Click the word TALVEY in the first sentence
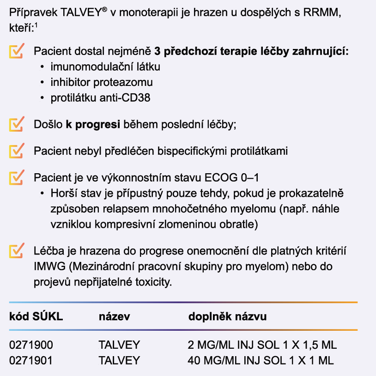click(x=81, y=14)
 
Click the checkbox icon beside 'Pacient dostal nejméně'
click(x=17, y=51)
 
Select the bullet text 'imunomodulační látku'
click(x=105, y=67)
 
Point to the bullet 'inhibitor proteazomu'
click(x=102, y=82)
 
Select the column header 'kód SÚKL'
click(x=36, y=317)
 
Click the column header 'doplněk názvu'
click(x=227, y=317)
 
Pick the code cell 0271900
click(x=31, y=345)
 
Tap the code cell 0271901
click(x=31, y=360)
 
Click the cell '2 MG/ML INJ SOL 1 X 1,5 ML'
click(x=262, y=345)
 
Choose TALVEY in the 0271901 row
click(x=119, y=360)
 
